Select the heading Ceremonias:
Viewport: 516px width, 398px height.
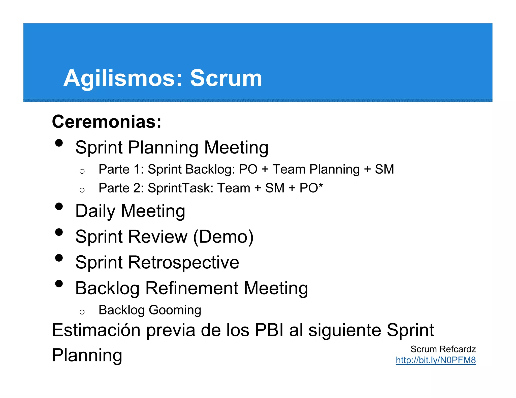[107, 122]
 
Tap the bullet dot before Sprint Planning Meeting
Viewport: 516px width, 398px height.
[59, 143]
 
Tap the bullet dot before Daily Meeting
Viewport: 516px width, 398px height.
[59, 206]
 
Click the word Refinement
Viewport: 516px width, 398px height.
[192, 288]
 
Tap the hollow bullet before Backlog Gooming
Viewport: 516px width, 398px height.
[82, 312]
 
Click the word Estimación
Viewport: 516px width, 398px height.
[96, 330]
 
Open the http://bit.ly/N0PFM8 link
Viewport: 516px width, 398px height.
[436, 360]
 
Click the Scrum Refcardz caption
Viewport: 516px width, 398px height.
[443, 349]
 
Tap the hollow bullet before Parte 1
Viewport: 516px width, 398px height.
[82, 172]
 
